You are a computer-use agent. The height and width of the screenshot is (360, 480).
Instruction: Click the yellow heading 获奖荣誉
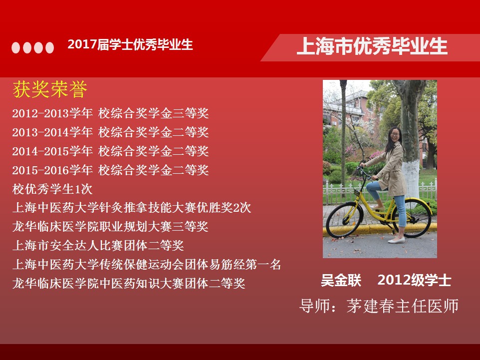pyautogui.click(x=50, y=89)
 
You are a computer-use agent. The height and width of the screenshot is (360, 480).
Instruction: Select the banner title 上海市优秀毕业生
pyautogui.click(x=372, y=46)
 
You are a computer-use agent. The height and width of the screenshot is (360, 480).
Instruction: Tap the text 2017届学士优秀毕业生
pyautogui.click(x=130, y=44)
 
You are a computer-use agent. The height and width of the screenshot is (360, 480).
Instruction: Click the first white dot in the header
pyautogui.click(x=15, y=47)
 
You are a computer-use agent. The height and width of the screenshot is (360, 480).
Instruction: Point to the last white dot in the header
pyautogui.click(x=49, y=47)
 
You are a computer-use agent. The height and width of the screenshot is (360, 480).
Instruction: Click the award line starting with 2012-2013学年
pyautogui.click(x=110, y=113)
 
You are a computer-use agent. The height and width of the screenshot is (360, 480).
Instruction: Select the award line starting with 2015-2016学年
pyautogui.click(x=110, y=170)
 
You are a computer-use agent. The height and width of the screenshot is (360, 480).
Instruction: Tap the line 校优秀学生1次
pyautogui.click(x=52, y=189)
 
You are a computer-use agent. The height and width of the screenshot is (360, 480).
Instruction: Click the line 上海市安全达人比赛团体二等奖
pyautogui.click(x=98, y=246)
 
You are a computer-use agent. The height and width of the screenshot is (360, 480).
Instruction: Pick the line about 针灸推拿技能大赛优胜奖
pyautogui.click(x=132, y=208)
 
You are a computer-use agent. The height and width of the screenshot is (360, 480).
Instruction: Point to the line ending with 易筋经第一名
pyautogui.click(x=147, y=265)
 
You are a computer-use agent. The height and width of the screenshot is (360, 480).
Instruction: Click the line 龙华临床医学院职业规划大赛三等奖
pyautogui.click(x=110, y=227)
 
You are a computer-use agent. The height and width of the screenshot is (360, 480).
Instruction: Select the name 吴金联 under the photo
pyautogui.click(x=341, y=280)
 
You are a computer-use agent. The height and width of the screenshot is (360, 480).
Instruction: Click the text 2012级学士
pyautogui.click(x=414, y=280)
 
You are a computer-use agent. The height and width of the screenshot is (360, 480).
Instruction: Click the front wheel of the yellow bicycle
pyautogui.click(x=344, y=220)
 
